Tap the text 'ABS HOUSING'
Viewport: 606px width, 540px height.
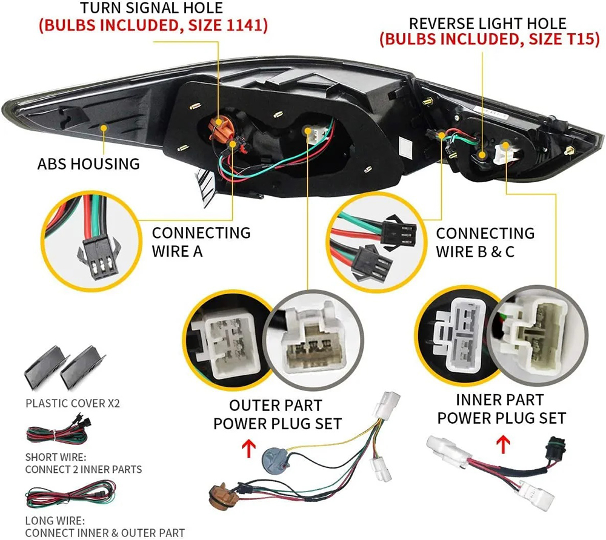coord(88,163)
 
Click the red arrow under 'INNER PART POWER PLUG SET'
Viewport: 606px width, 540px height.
coord(502,442)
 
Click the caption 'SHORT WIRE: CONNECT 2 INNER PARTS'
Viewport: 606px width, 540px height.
coord(84,463)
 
